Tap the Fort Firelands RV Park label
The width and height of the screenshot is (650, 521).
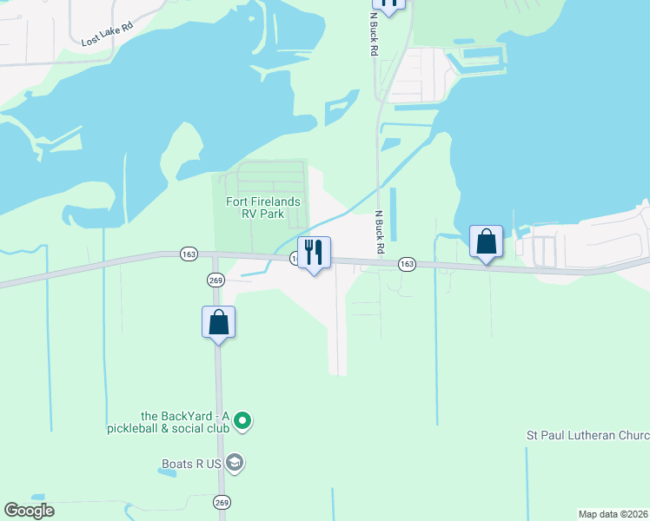click(x=262, y=208)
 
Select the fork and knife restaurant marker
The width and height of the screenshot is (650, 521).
click(x=314, y=253)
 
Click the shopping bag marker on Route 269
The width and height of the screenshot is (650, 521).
click(x=218, y=322)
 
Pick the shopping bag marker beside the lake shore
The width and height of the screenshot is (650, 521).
click(x=486, y=241)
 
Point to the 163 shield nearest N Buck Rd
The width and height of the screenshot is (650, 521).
click(x=406, y=263)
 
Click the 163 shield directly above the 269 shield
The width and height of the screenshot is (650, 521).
click(x=189, y=254)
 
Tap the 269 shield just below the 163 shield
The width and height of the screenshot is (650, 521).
click(x=216, y=280)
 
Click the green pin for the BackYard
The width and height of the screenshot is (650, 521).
click(x=244, y=422)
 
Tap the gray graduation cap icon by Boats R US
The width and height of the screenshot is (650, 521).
click(x=235, y=463)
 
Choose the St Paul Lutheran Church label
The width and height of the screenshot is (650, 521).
click(x=588, y=434)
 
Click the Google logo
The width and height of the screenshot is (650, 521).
click(x=29, y=511)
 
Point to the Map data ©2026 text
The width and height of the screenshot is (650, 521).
click(x=613, y=514)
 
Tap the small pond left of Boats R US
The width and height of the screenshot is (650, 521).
click(x=169, y=473)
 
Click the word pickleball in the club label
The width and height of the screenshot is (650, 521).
click(x=136, y=429)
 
